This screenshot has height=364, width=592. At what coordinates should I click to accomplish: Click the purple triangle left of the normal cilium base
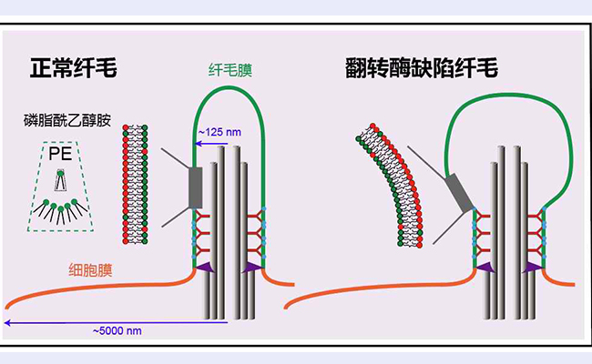tap(202, 267)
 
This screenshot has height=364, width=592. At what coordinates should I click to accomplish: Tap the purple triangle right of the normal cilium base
tap(256, 267)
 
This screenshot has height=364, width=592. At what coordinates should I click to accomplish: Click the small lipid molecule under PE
tap(60, 181)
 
